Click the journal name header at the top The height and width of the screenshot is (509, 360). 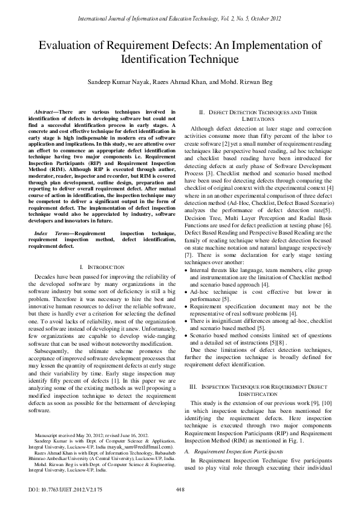(180, 19)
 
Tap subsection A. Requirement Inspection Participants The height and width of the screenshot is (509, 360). (236, 451)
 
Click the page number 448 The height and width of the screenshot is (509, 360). (180, 489)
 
